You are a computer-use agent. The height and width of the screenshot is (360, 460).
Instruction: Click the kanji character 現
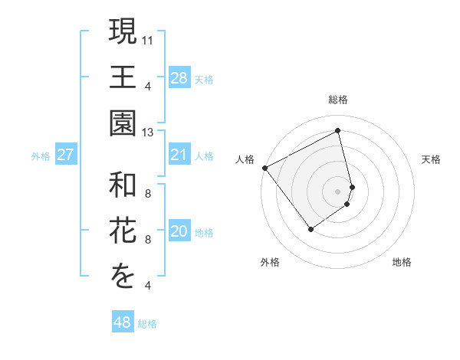[x=123, y=32]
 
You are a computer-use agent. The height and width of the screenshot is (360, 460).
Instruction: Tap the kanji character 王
[x=123, y=77]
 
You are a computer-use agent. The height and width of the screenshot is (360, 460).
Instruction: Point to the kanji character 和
[x=123, y=185]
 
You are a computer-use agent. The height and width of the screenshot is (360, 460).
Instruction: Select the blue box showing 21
[x=179, y=155]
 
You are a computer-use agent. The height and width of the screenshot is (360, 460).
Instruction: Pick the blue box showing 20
[x=179, y=232]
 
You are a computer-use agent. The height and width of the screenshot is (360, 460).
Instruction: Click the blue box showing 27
[x=66, y=155]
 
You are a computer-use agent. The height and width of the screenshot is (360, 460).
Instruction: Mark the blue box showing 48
[x=123, y=322]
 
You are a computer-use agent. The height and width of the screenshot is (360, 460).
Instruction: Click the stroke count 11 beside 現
[x=149, y=38]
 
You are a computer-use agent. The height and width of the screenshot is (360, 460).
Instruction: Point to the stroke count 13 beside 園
[x=149, y=133]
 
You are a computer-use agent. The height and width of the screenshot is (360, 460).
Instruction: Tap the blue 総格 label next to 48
[x=147, y=324]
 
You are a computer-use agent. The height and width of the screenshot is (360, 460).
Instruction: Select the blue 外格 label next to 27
[x=41, y=156]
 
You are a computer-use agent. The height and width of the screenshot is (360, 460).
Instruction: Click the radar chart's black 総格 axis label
[x=338, y=100]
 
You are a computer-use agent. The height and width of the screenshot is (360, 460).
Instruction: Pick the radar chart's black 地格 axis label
[x=402, y=262]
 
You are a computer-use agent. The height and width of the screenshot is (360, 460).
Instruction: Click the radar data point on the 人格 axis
[x=264, y=168]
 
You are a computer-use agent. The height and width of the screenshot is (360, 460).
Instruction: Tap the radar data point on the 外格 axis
[x=310, y=229]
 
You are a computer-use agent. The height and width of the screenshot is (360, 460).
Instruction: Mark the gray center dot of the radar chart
[x=338, y=191]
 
